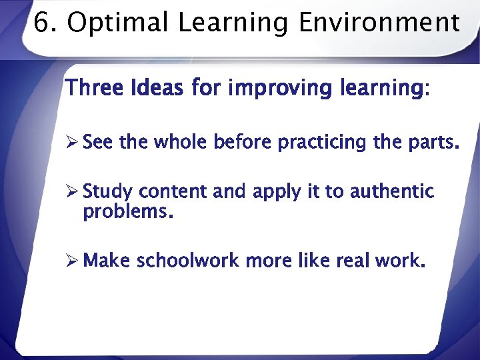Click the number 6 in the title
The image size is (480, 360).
pyautogui.click(x=41, y=23)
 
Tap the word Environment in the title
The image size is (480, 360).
pyautogui.click(x=379, y=23)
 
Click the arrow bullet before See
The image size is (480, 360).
pyautogui.click(x=73, y=143)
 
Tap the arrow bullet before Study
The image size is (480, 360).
pyautogui.click(x=73, y=192)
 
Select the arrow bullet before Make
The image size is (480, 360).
pyautogui.click(x=73, y=261)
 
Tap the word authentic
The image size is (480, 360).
pyautogui.click(x=392, y=192)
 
